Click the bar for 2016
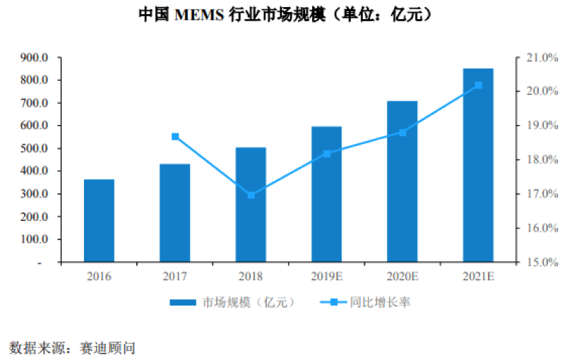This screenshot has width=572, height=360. coord(99,220)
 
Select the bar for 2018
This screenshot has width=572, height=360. coord(251,205)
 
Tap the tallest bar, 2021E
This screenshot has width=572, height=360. coord(478,165)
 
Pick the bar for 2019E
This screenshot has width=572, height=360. coord(326,194)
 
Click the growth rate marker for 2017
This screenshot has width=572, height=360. coord(175,137)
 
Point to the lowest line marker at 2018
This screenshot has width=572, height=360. coord(251,195)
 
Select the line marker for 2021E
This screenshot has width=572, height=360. coord(478,85)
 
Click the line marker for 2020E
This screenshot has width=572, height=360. coord(403,133)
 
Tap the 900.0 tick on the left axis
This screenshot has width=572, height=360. coord(35,58)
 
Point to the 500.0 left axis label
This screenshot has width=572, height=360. coord(35,149)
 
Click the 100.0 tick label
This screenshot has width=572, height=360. coord(35,239)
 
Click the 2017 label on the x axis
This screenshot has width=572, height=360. coord(175,276)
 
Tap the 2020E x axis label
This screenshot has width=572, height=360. coord(403,276)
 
